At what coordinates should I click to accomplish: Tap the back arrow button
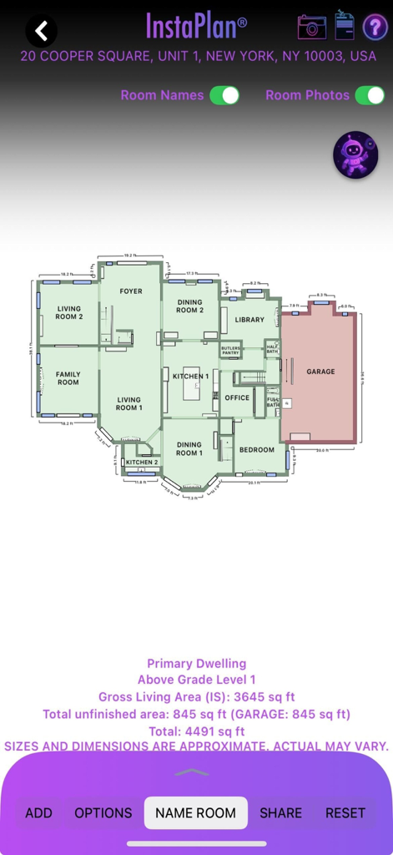[41, 31]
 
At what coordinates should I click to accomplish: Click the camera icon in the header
[312, 27]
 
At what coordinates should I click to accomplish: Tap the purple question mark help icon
[375, 28]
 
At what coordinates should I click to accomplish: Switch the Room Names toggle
[224, 95]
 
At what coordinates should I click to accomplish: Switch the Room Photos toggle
[370, 95]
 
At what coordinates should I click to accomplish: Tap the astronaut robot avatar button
[355, 155]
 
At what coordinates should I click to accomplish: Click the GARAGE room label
[320, 372]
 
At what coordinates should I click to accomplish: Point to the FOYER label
[131, 291]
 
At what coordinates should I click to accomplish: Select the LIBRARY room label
[249, 320]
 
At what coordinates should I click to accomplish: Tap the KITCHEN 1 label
[190, 377]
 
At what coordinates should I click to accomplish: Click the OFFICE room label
[237, 397]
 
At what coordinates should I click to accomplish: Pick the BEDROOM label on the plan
[256, 450]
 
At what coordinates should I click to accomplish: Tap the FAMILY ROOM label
[68, 378]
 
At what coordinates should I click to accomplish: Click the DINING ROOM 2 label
[189, 306]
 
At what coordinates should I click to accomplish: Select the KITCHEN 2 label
[142, 462]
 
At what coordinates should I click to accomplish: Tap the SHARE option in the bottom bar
[280, 812]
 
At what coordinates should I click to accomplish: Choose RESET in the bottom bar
[345, 812]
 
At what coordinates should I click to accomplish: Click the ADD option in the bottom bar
[38, 812]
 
